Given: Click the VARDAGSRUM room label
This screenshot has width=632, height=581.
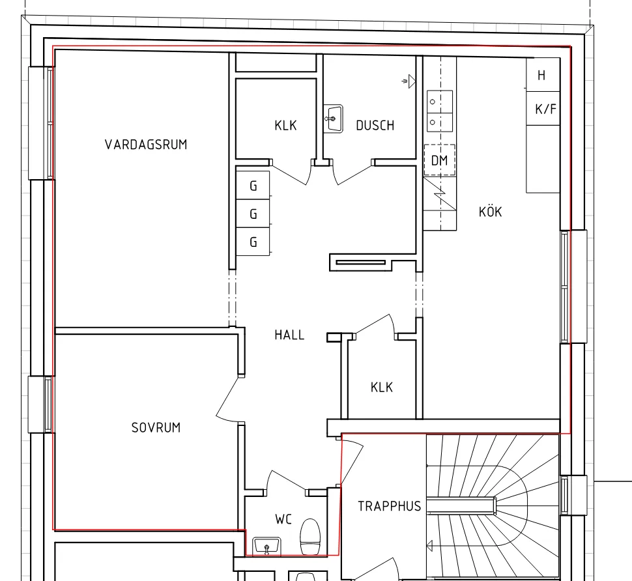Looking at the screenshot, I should coord(145,145).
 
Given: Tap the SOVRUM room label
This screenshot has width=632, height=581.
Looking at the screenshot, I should coord(156,428).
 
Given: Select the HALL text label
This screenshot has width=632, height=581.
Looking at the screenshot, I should coord(289,335).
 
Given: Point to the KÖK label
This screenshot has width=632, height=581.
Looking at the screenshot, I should coord(490,212).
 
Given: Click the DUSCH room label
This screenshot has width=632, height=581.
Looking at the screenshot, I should coord(375,126).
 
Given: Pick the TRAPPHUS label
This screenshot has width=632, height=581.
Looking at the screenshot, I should coord(389,506).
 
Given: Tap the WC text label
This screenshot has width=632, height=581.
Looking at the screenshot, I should coord(283,519).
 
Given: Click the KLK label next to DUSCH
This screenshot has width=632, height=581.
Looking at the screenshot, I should coord(285,126).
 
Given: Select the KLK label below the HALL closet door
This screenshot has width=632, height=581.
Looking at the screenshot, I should coord(382,388).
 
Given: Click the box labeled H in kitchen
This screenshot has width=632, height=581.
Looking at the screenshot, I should coord(542,76).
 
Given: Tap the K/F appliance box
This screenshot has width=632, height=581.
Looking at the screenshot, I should coord(546,109).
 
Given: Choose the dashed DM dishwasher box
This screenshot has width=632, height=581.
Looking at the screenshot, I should coord(439,160).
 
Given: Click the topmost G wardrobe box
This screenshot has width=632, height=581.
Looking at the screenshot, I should coord(253,186).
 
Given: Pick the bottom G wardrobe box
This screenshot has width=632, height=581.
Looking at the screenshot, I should coord(253,242).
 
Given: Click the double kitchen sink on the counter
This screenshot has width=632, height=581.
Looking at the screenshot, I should coord(439,111).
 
